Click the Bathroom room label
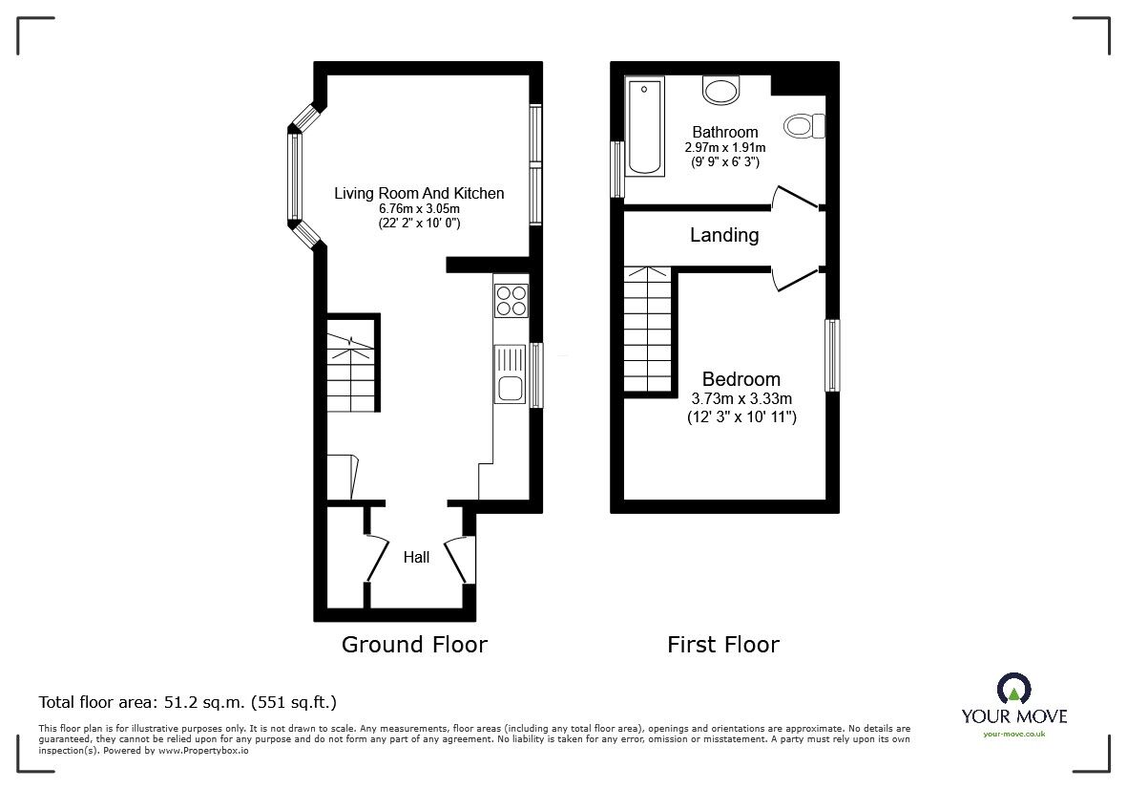(724, 133)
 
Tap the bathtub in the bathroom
(645, 126)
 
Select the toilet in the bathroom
(804, 126)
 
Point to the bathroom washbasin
(720, 91)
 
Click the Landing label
(724, 235)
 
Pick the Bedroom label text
(741, 379)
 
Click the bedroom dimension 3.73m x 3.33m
(741, 398)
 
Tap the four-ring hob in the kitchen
(511, 300)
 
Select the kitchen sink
(511, 374)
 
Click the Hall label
(416, 558)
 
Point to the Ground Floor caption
(414, 645)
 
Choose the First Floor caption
(723, 645)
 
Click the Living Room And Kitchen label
(419, 194)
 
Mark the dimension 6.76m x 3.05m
(419, 208)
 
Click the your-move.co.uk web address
(1014, 734)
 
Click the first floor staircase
(648, 331)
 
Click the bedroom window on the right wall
(832, 355)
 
